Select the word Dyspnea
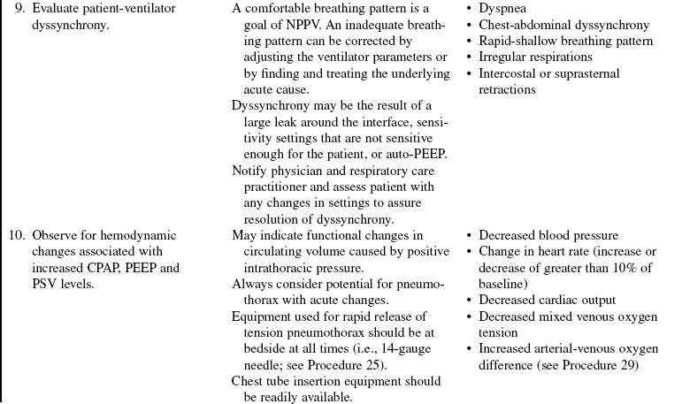point(502,9)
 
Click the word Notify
point(249,171)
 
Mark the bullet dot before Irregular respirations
point(468,57)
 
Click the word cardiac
point(569,301)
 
